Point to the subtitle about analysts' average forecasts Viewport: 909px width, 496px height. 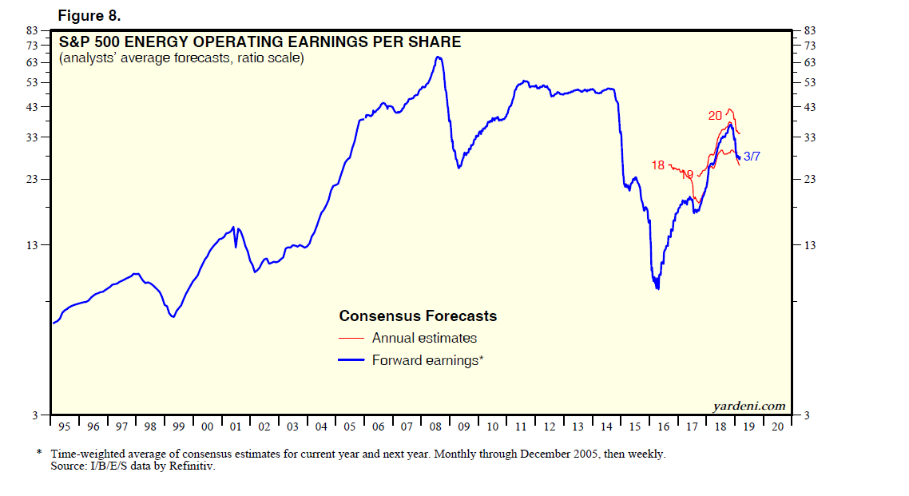point(181,58)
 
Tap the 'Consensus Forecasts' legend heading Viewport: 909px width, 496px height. point(418,316)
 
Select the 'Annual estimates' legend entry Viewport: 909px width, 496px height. point(424,338)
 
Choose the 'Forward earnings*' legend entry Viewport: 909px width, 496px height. point(427,360)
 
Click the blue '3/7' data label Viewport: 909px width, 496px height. point(752,157)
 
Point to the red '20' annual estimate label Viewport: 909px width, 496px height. point(716,116)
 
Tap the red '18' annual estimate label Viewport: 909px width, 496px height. point(658,165)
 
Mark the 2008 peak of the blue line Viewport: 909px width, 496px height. point(438,57)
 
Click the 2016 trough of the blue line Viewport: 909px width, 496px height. point(657,288)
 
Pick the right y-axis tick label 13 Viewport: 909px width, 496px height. point(810,244)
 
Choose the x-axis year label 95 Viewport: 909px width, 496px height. point(65,427)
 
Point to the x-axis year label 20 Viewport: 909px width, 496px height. point(778,427)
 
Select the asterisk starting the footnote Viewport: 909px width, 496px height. point(39,454)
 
